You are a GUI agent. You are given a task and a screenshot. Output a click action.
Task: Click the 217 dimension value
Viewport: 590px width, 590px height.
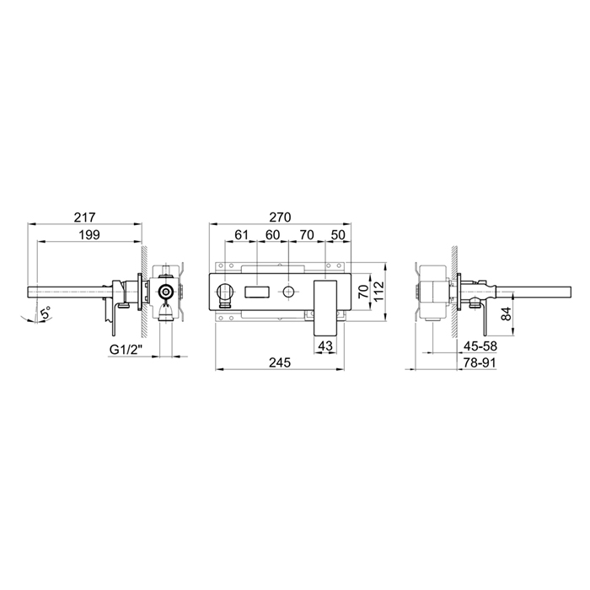85,217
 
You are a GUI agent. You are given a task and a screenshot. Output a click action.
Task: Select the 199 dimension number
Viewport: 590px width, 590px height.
90,235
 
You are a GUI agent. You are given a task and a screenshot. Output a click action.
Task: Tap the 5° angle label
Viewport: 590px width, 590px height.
46,313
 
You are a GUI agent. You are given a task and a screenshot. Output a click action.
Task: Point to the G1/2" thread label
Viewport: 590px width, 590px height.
126,350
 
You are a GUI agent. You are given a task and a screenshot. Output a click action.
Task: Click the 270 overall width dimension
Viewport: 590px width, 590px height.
280,217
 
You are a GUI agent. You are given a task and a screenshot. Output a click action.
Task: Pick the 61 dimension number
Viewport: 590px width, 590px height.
241,235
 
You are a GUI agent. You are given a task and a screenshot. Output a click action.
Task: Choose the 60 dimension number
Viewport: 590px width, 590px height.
272,235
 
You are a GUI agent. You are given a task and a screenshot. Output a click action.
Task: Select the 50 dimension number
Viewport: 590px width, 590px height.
337,235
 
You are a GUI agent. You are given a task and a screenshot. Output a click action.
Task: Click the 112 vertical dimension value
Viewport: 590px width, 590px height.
378,292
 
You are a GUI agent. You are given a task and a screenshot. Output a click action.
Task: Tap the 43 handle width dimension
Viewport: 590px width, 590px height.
325,345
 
